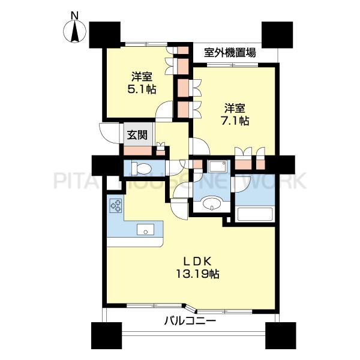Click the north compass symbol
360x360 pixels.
click(x=74, y=31)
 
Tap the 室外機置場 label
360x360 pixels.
click(x=230, y=52)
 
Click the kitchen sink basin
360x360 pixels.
click(x=145, y=229)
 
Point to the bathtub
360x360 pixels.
click(x=256, y=214)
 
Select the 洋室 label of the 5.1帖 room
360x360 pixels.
click(x=142, y=76)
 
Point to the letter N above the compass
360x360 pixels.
click(x=74, y=14)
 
